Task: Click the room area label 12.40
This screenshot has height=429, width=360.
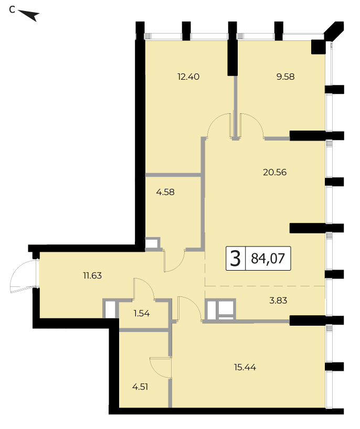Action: pos(188,77)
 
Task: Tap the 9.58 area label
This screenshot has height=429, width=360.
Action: pos(285,77)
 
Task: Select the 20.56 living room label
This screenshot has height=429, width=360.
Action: pos(274,172)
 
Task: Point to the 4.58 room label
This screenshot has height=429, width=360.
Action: pos(165,192)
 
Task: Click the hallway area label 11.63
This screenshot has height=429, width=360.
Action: pos(92,275)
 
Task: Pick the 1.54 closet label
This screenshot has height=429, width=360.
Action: pos(142,313)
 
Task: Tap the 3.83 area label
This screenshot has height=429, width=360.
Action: pos(278,301)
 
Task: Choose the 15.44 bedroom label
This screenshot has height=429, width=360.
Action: pos(245,367)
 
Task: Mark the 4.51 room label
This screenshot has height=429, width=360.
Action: pos(140,387)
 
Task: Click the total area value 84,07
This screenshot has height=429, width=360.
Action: pos(268,258)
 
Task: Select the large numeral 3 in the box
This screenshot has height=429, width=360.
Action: pos(235,259)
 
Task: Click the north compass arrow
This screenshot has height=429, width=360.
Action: pos(29,15)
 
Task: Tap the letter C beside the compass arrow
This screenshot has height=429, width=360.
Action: pos(12,9)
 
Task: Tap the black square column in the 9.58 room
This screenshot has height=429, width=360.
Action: pos(318,47)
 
